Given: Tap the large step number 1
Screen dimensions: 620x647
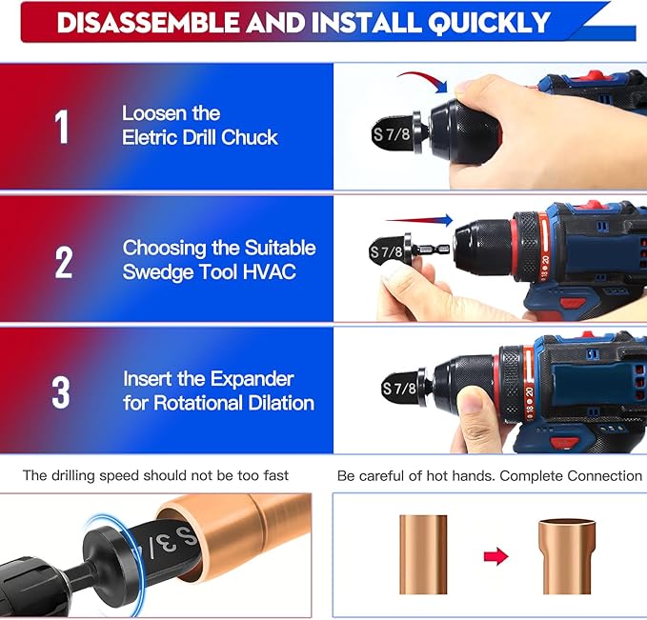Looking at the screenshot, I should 62,127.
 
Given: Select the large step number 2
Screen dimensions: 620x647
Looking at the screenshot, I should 63,261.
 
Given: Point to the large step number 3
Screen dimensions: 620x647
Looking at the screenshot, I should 61,391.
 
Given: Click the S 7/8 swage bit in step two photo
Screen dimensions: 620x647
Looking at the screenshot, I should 392,253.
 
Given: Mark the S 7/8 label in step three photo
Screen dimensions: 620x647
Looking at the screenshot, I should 400,389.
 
